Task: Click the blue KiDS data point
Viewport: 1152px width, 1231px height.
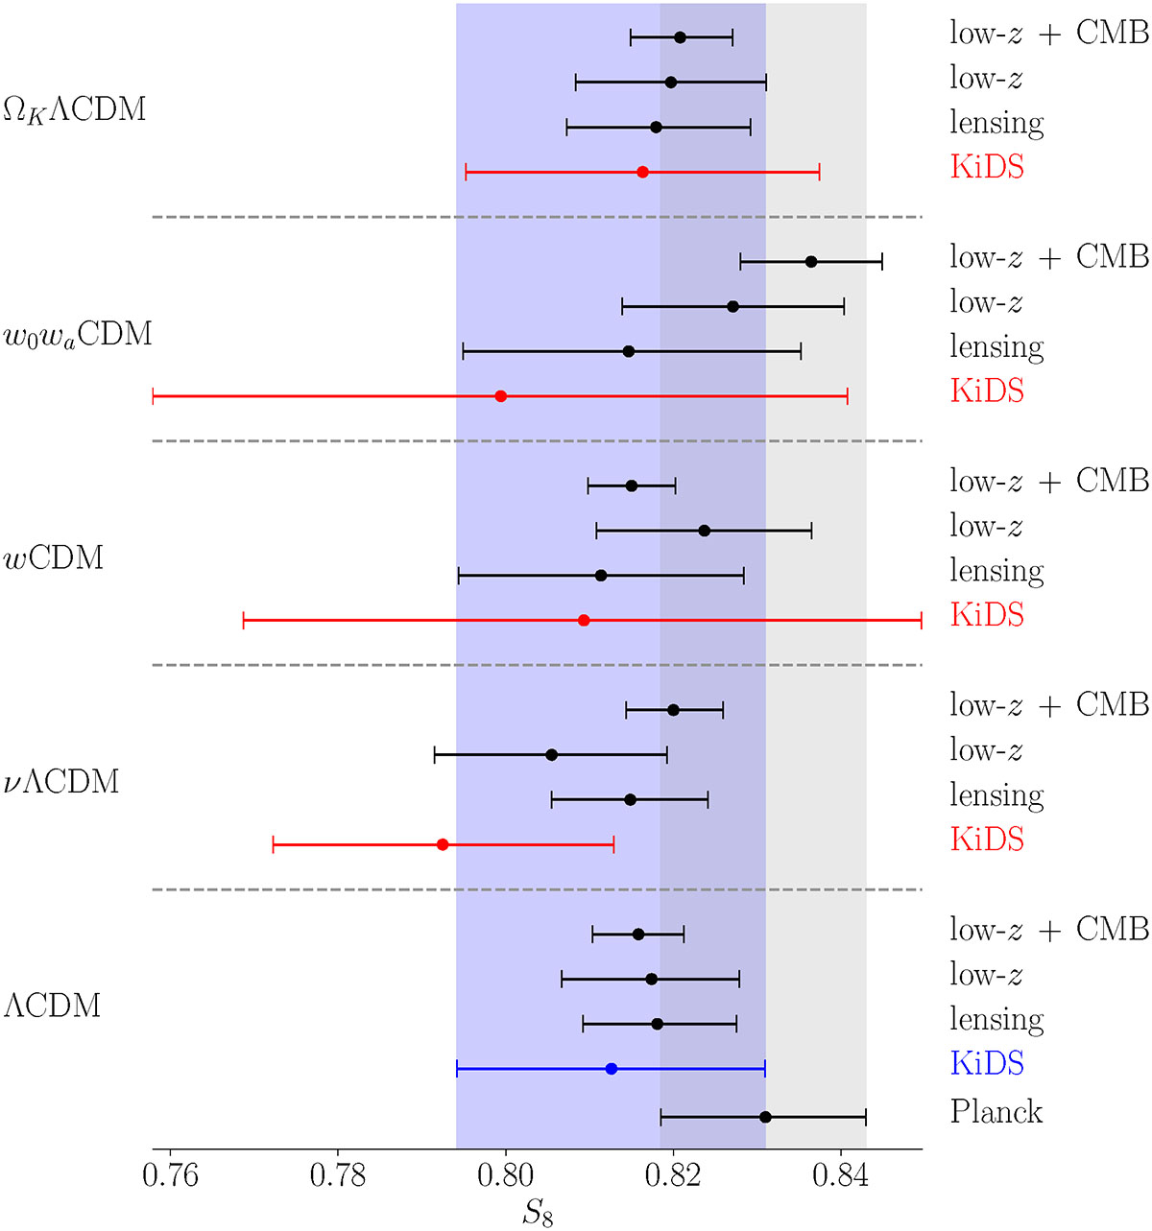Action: click(x=612, y=1069)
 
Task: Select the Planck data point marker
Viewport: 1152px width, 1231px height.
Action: click(x=765, y=1117)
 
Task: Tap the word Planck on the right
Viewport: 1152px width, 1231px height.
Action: click(x=996, y=1112)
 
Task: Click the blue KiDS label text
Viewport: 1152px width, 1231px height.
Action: click(x=987, y=1064)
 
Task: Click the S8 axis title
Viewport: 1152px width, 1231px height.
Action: click(x=538, y=1213)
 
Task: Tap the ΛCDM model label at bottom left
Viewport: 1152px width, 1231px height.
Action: click(x=52, y=1005)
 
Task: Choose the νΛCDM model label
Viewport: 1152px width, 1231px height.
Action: click(x=60, y=782)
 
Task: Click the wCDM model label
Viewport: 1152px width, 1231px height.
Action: click(x=54, y=557)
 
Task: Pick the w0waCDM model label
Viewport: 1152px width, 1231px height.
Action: click(x=78, y=335)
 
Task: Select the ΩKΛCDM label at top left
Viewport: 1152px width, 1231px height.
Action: click(x=75, y=110)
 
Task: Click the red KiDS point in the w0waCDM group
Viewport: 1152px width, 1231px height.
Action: click(x=500, y=396)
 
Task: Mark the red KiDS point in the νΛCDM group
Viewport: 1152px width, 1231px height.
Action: click(x=443, y=844)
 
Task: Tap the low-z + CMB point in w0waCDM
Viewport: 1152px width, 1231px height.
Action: click(x=811, y=262)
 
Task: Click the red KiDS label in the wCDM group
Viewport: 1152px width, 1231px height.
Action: click(x=987, y=615)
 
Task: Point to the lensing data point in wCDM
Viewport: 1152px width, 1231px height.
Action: click(x=601, y=576)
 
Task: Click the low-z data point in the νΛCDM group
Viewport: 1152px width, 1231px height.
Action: click(x=551, y=754)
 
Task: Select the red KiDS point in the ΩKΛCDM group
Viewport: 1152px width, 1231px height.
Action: click(x=642, y=172)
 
